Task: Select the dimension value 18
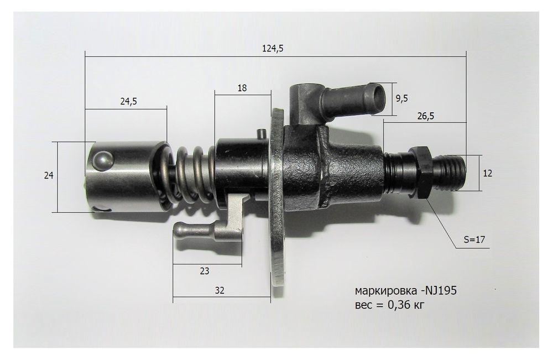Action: point(241,88)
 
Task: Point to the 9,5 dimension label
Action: point(402,98)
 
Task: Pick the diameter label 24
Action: point(49,176)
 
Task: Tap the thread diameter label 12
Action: point(487,173)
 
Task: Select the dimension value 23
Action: point(205,272)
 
